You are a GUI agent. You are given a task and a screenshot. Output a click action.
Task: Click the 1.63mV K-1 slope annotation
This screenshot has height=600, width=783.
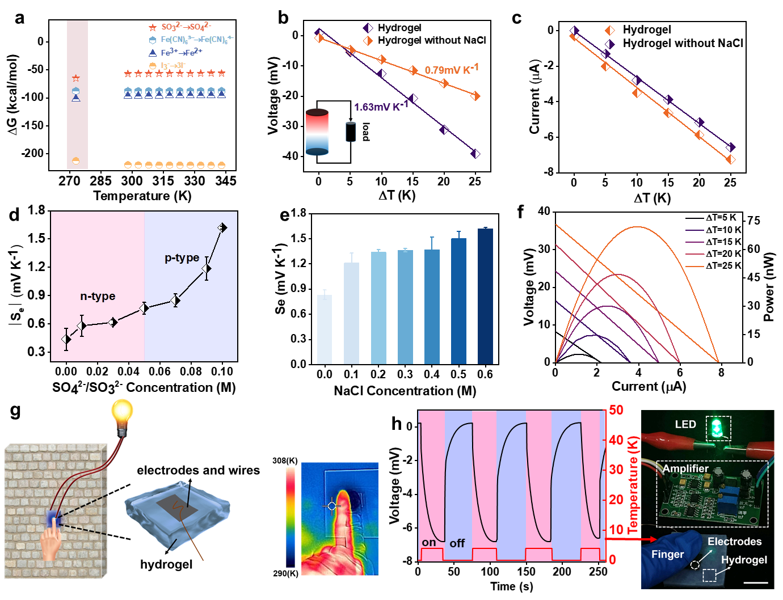[381, 107]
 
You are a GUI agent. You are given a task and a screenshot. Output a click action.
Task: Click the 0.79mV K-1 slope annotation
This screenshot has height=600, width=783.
[452, 70]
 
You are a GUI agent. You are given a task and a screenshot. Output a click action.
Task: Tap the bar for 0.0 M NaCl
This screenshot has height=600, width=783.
[325, 329]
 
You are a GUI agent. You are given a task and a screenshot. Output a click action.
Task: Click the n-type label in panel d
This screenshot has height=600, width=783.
[98, 296]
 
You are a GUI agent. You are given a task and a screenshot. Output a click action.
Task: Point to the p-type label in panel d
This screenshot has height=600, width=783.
[182, 258]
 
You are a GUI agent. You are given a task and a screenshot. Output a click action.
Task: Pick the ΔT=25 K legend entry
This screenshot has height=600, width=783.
[713, 265]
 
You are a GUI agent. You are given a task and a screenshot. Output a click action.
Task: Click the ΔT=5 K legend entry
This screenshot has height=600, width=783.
[713, 218]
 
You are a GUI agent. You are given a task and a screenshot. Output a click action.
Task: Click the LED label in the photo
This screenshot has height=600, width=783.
[685, 424]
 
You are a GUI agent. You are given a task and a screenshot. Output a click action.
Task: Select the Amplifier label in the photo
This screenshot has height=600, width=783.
[686, 468]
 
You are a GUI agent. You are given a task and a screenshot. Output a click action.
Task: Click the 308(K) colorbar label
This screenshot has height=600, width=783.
[285, 460]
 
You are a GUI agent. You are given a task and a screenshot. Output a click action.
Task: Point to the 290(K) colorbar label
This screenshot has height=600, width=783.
[285, 573]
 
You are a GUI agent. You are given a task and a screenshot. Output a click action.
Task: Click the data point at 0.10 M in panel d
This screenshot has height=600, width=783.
[222, 228]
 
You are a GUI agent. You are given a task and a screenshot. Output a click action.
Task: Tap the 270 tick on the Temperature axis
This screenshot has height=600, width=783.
[69, 181]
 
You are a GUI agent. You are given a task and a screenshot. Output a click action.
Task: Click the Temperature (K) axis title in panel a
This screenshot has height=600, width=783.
[142, 196]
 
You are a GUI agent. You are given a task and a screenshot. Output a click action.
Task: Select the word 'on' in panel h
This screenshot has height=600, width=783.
[429, 542]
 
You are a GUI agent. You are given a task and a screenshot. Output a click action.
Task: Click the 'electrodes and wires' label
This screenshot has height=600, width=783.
[198, 470]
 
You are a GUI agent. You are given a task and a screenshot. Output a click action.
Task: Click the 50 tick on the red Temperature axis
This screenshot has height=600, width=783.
[616, 410]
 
